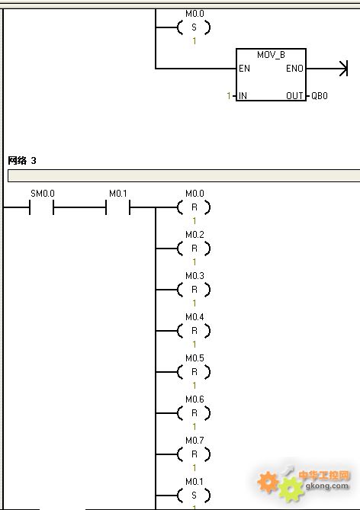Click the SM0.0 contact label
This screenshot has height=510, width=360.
click(42, 194)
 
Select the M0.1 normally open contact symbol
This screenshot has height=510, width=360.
click(117, 207)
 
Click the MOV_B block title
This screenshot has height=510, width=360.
click(271, 55)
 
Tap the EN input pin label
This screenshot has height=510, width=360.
click(244, 69)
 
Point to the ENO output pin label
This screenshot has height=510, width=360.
click(294, 69)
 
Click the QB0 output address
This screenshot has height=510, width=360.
click(320, 96)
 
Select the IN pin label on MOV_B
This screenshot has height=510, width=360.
click(243, 96)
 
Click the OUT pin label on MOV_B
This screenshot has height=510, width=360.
click(294, 96)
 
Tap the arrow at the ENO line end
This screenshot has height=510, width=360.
click(344, 69)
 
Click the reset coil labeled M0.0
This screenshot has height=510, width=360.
click(194, 207)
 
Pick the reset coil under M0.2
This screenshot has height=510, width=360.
click(194, 249)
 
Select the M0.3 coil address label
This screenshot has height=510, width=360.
click(194, 276)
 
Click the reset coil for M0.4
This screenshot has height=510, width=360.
click(194, 331)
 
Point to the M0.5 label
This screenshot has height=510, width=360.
click(194, 358)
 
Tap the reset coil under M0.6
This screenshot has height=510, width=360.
click(194, 413)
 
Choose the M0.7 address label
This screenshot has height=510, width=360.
click(194, 441)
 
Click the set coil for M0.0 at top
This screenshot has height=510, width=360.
click(194, 27)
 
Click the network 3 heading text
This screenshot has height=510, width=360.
click(22, 160)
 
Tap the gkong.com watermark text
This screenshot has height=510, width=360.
click(326, 486)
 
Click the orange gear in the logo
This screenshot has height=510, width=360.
click(268, 482)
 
